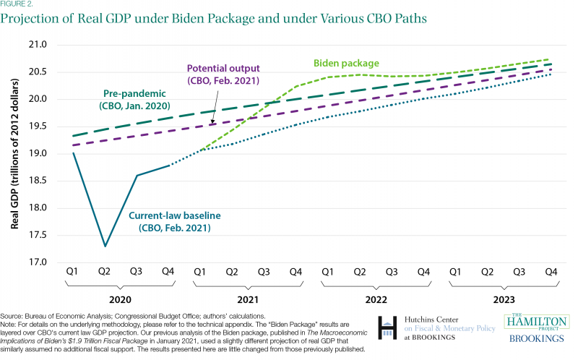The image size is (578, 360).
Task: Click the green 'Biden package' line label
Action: pos(345,64)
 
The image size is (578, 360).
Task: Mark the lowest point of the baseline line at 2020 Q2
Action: pos(105,246)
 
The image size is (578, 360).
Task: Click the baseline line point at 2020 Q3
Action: pos(137,175)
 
